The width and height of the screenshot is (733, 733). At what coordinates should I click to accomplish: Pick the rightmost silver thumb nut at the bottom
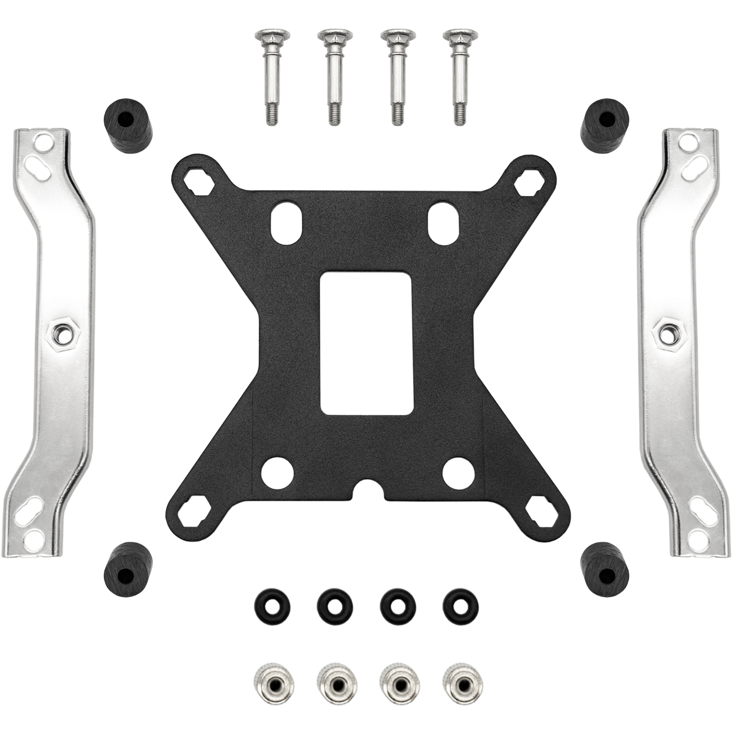[x=460, y=671]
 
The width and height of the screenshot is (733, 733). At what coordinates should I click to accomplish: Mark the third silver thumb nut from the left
[x=397, y=671]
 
